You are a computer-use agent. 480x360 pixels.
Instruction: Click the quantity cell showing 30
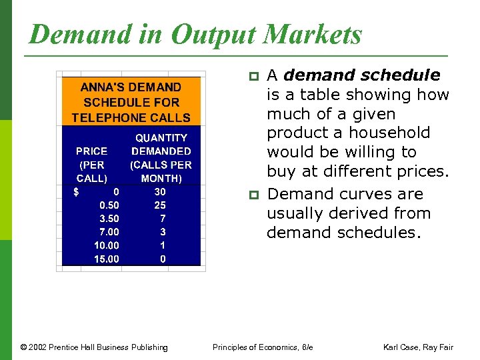click(160, 192)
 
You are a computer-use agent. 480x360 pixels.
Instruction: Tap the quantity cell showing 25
click(160, 205)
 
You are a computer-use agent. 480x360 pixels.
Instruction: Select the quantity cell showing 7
click(163, 219)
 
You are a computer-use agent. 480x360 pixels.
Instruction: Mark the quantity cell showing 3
click(163, 232)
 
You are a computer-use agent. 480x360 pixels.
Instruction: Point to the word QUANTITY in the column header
click(161, 138)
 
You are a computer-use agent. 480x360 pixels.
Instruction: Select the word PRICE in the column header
click(91, 151)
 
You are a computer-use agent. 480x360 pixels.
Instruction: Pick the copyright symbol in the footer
click(24, 347)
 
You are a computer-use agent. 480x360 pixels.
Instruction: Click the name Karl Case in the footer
click(400, 347)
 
